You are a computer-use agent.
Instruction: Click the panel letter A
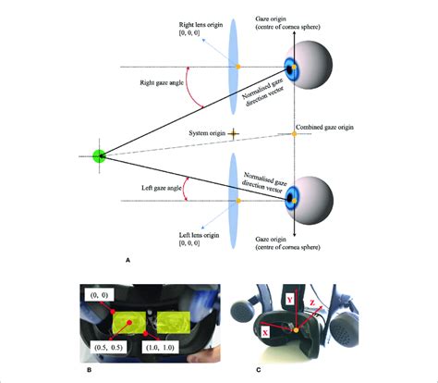point(128,262)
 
